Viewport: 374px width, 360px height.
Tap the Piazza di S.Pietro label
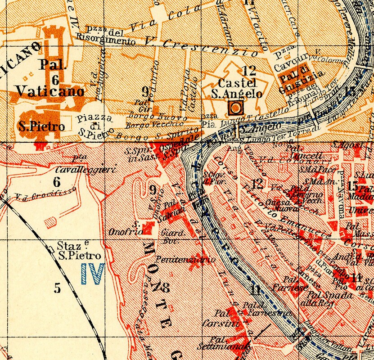point(93,126)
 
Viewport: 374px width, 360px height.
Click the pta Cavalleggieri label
point(86,165)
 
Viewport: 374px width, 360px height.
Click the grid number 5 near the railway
point(57,288)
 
